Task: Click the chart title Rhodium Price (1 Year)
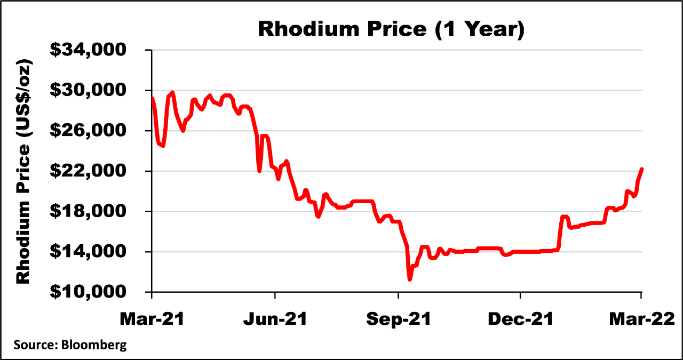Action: click(391, 29)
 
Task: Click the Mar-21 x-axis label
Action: click(152, 319)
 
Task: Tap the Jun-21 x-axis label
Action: click(274, 319)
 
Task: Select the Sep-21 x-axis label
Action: click(398, 319)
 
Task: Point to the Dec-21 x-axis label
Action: click(520, 319)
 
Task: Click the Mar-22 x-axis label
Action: click(642, 319)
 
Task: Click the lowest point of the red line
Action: click(409, 279)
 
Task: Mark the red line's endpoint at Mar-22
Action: click(642, 169)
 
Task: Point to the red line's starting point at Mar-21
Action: click(153, 98)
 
